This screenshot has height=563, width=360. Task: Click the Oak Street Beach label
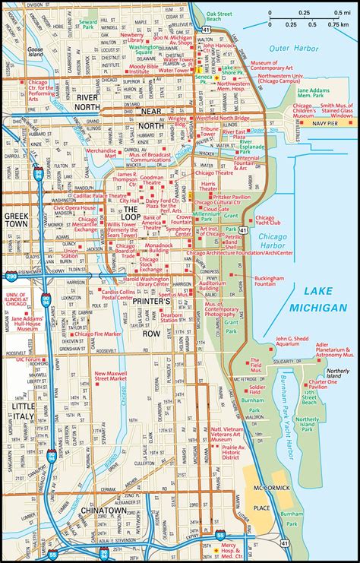221,17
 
